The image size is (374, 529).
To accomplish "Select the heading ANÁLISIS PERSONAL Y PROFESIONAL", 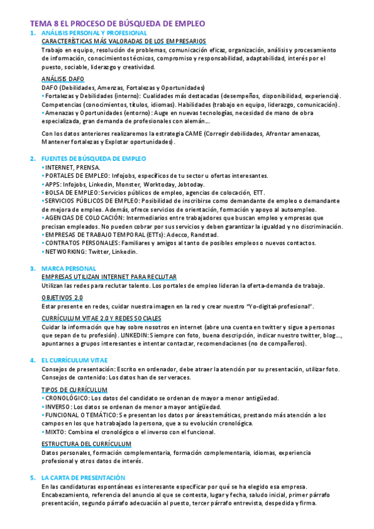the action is pos(94,32).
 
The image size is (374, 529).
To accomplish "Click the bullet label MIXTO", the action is pos(56,432).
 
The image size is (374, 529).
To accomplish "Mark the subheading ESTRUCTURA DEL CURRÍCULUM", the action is pos(86,444).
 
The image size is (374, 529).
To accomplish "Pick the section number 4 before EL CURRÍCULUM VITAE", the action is pos(32,360).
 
